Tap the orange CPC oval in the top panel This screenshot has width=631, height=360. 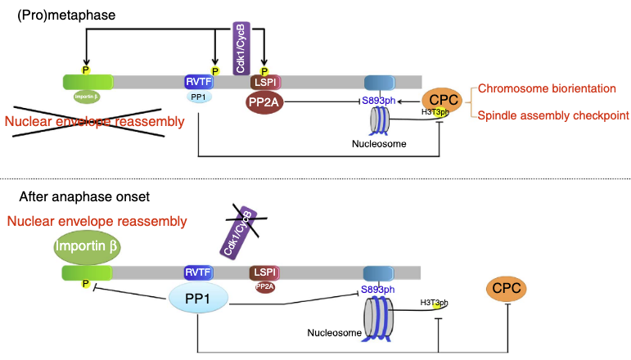point(443,100)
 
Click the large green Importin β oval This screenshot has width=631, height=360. point(86,249)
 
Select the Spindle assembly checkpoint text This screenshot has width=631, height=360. point(553,116)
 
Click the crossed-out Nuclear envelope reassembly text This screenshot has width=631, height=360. point(94,122)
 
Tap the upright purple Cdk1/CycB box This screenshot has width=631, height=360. point(242,48)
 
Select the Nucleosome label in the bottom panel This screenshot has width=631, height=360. point(331,333)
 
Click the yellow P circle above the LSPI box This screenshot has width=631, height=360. point(264,70)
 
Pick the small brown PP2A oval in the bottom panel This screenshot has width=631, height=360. point(264,286)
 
